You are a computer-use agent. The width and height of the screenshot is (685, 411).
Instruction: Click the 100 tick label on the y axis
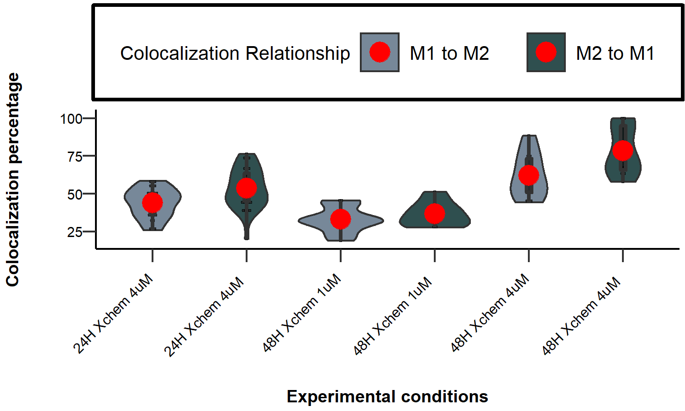point(71,119)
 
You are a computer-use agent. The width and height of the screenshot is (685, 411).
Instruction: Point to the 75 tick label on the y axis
point(74,157)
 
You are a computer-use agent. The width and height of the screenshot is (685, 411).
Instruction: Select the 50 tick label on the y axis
point(74,194)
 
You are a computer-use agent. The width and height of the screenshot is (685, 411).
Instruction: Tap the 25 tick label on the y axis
point(74,232)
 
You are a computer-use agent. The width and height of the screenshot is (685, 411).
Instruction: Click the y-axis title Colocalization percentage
point(13,179)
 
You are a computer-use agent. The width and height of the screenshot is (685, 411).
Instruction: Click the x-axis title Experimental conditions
point(387,396)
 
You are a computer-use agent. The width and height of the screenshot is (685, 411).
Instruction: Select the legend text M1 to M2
point(449,53)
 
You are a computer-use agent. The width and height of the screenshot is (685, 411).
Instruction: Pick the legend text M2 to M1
point(615,53)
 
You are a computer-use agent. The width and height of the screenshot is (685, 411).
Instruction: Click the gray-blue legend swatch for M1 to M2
point(379,52)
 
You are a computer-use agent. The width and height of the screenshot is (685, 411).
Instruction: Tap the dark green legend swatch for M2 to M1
point(546,52)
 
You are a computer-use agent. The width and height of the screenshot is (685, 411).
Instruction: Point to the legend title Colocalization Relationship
point(235,53)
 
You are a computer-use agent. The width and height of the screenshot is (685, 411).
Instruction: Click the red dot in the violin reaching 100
point(622,150)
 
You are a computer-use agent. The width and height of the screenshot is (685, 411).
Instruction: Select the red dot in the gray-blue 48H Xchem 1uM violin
point(341,219)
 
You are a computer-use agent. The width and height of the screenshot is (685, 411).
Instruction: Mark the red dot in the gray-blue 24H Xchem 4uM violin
point(153,202)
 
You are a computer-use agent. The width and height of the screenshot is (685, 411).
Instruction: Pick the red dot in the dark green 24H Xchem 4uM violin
point(247,188)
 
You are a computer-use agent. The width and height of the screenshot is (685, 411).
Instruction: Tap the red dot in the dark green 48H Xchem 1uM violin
point(434,213)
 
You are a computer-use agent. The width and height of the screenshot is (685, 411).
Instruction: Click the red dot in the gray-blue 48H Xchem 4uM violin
point(529,175)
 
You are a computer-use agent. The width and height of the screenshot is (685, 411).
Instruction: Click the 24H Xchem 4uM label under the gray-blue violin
point(113,315)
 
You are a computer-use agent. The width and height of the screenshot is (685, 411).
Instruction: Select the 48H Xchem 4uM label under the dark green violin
point(581,316)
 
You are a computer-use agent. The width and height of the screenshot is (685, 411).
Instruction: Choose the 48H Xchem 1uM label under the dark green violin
point(393,316)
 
